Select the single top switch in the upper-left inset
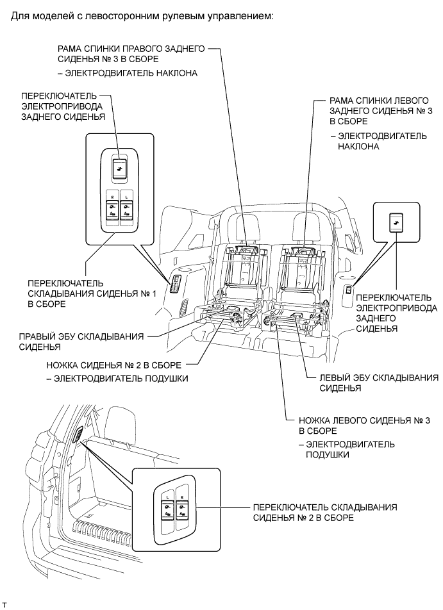(119, 169)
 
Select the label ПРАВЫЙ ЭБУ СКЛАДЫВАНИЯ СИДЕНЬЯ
(81, 342)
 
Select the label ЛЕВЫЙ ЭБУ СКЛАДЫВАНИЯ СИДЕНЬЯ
(379, 383)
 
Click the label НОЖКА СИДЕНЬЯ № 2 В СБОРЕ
(113, 365)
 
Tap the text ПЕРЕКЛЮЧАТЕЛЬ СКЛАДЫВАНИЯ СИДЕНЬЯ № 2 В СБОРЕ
(325, 513)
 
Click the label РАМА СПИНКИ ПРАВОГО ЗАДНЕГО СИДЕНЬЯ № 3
(131, 54)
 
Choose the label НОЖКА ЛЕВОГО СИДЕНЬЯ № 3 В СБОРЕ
(364, 425)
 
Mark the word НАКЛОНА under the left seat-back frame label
(358, 147)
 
